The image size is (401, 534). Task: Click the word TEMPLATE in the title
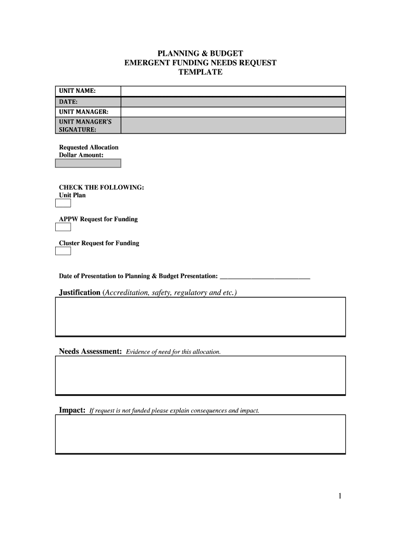click(x=200, y=72)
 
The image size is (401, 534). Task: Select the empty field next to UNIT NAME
click(x=233, y=92)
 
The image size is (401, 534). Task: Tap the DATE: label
click(x=68, y=102)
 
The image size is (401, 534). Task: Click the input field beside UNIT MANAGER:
click(x=233, y=112)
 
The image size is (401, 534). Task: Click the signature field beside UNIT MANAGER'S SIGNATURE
click(x=233, y=126)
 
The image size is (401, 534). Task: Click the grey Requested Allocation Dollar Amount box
click(x=88, y=163)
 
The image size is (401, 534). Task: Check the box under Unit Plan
click(x=63, y=203)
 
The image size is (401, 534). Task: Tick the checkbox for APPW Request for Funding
click(x=63, y=227)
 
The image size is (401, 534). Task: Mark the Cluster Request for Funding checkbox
click(x=63, y=251)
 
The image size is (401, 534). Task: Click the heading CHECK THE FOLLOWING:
click(x=102, y=187)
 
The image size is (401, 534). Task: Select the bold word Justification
click(x=80, y=293)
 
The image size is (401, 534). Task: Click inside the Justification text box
click(x=200, y=317)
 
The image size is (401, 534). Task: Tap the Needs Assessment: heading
click(x=90, y=351)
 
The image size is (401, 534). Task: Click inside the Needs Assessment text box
click(x=200, y=375)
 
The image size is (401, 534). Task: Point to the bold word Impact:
click(x=72, y=410)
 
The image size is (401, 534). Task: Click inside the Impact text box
click(x=200, y=434)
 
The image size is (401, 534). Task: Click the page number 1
click(x=340, y=496)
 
